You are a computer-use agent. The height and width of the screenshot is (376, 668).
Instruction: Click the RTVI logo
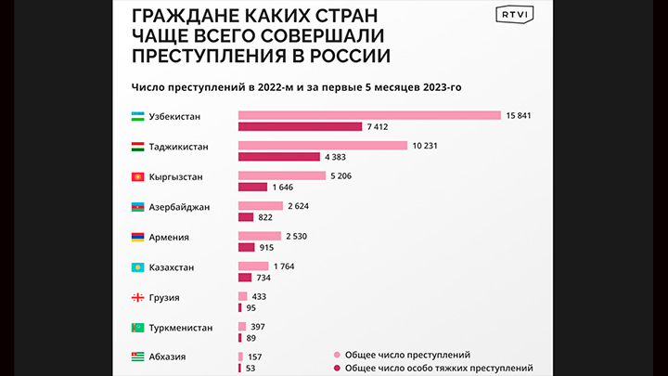(509, 17)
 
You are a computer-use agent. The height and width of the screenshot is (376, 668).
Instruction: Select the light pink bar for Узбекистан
(370, 116)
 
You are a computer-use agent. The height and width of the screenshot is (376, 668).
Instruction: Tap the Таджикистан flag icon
(136, 147)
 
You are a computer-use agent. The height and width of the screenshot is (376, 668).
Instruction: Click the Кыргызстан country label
(175, 176)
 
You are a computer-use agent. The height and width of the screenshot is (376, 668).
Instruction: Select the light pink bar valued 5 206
(281, 175)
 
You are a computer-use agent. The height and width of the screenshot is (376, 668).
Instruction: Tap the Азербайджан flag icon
(136, 207)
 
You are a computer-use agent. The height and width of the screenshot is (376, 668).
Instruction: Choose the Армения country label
(169, 237)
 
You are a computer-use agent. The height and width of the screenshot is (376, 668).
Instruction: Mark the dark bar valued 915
(246, 247)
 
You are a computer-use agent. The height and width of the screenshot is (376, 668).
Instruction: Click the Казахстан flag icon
(136, 267)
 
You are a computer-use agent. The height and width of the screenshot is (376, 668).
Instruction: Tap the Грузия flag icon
(136, 297)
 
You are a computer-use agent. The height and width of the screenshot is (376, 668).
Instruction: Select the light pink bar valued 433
(242, 296)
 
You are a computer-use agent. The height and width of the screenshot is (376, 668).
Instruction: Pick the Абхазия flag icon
(136, 357)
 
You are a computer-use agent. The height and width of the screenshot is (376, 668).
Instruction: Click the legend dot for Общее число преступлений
(335, 355)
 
